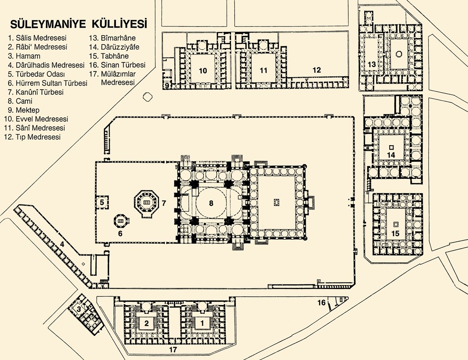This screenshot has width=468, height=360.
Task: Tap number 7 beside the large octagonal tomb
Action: (x=164, y=203)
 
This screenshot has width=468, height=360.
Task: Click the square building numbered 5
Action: (x=102, y=202)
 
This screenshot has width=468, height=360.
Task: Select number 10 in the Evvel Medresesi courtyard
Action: (x=202, y=71)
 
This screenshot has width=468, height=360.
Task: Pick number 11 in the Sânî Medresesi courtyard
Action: (x=264, y=71)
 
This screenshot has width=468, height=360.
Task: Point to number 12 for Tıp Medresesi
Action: (x=317, y=70)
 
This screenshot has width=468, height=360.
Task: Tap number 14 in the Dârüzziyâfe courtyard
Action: (x=391, y=155)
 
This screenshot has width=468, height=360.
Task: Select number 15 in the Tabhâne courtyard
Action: (x=395, y=233)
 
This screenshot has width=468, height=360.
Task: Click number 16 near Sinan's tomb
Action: (x=321, y=302)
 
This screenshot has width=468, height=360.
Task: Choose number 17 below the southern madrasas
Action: (x=173, y=349)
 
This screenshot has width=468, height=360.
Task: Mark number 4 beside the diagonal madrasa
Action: (x=62, y=245)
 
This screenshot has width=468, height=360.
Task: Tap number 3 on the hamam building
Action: (x=79, y=309)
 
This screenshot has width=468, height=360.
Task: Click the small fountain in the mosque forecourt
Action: (x=277, y=202)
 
